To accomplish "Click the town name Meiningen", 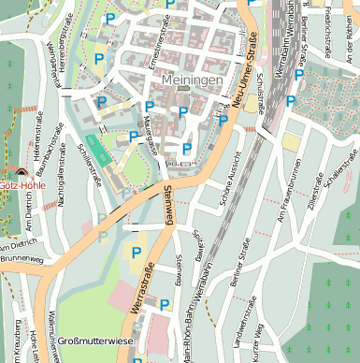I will click(192, 80).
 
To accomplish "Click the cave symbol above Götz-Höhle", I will click(22, 171).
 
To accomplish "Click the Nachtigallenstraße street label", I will click(61, 183).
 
